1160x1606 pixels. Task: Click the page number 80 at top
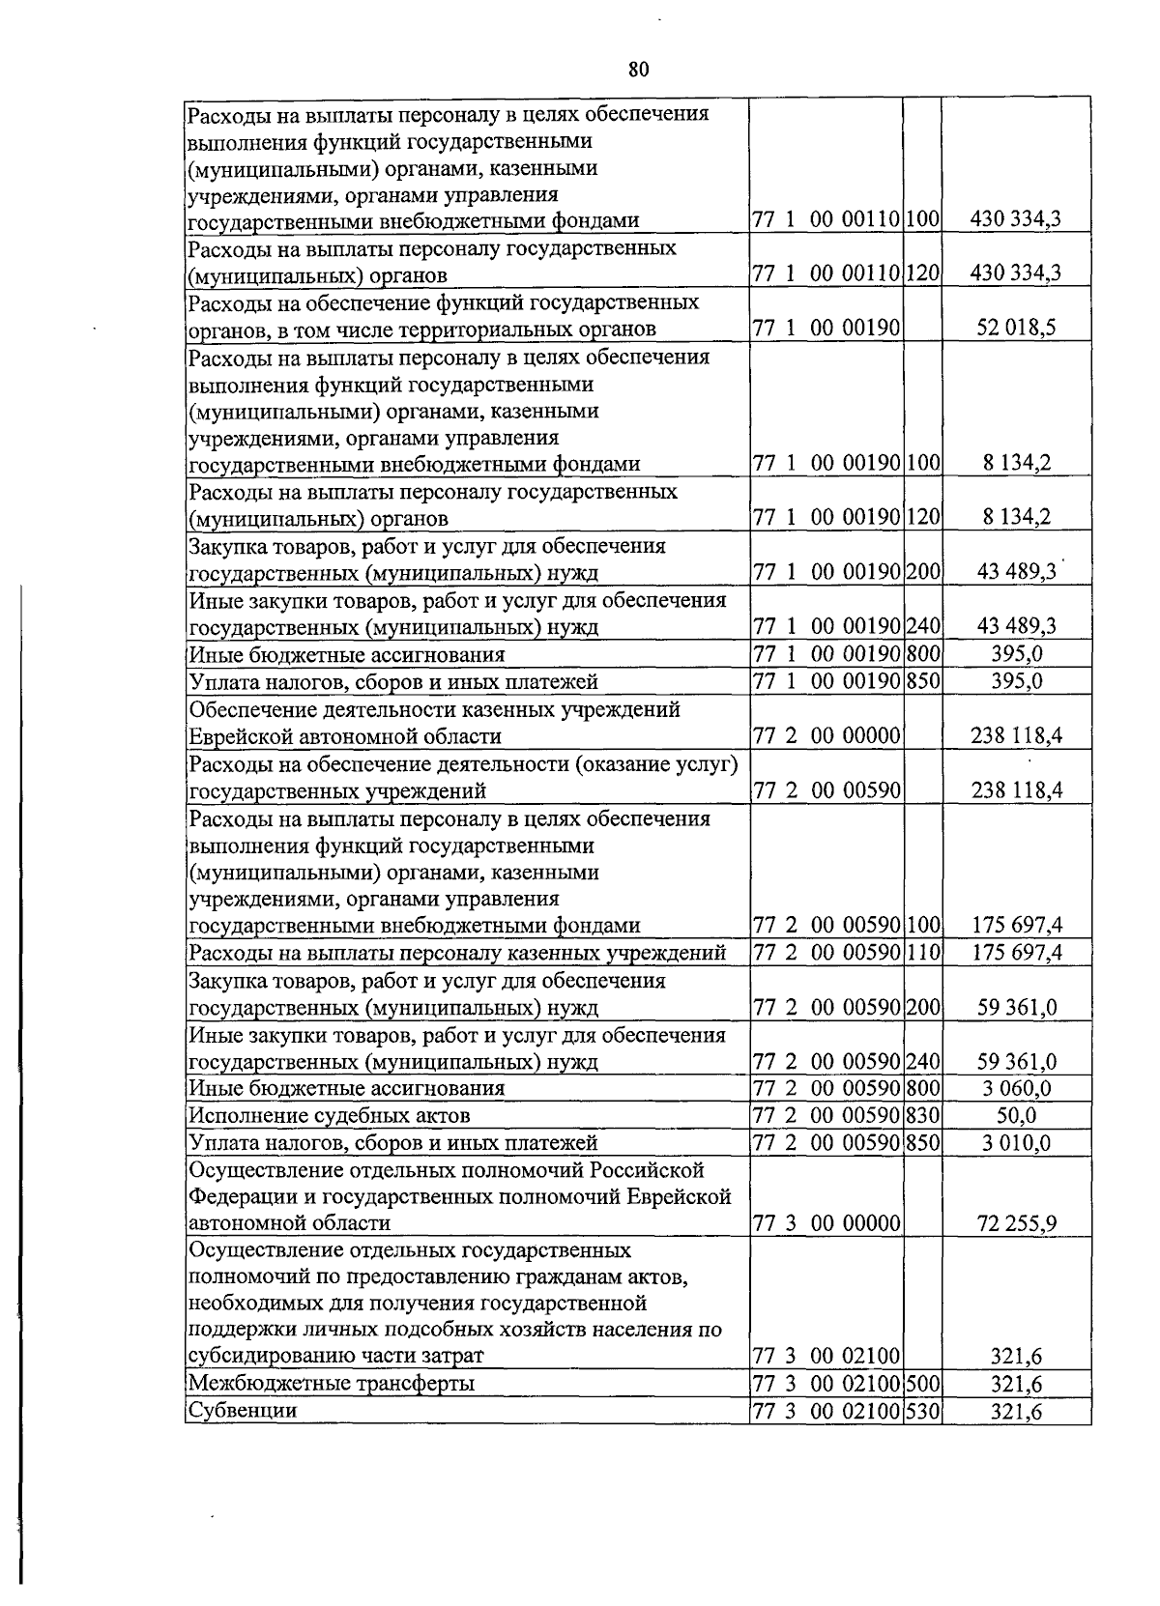[x=638, y=69]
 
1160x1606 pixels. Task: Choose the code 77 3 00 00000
[x=826, y=1223]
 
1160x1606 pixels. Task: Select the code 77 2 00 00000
[x=826, y=736]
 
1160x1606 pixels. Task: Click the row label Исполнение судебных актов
[x=330, y=1115]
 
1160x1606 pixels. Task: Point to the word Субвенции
[x=243, y=1411]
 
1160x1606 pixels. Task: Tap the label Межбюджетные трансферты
[x=332, y=1384]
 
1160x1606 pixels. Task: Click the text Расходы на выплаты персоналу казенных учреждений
[x=457, y=953]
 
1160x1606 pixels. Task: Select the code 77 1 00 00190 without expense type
[x=826, y=328]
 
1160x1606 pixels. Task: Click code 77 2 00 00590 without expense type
[x=826, y=790]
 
